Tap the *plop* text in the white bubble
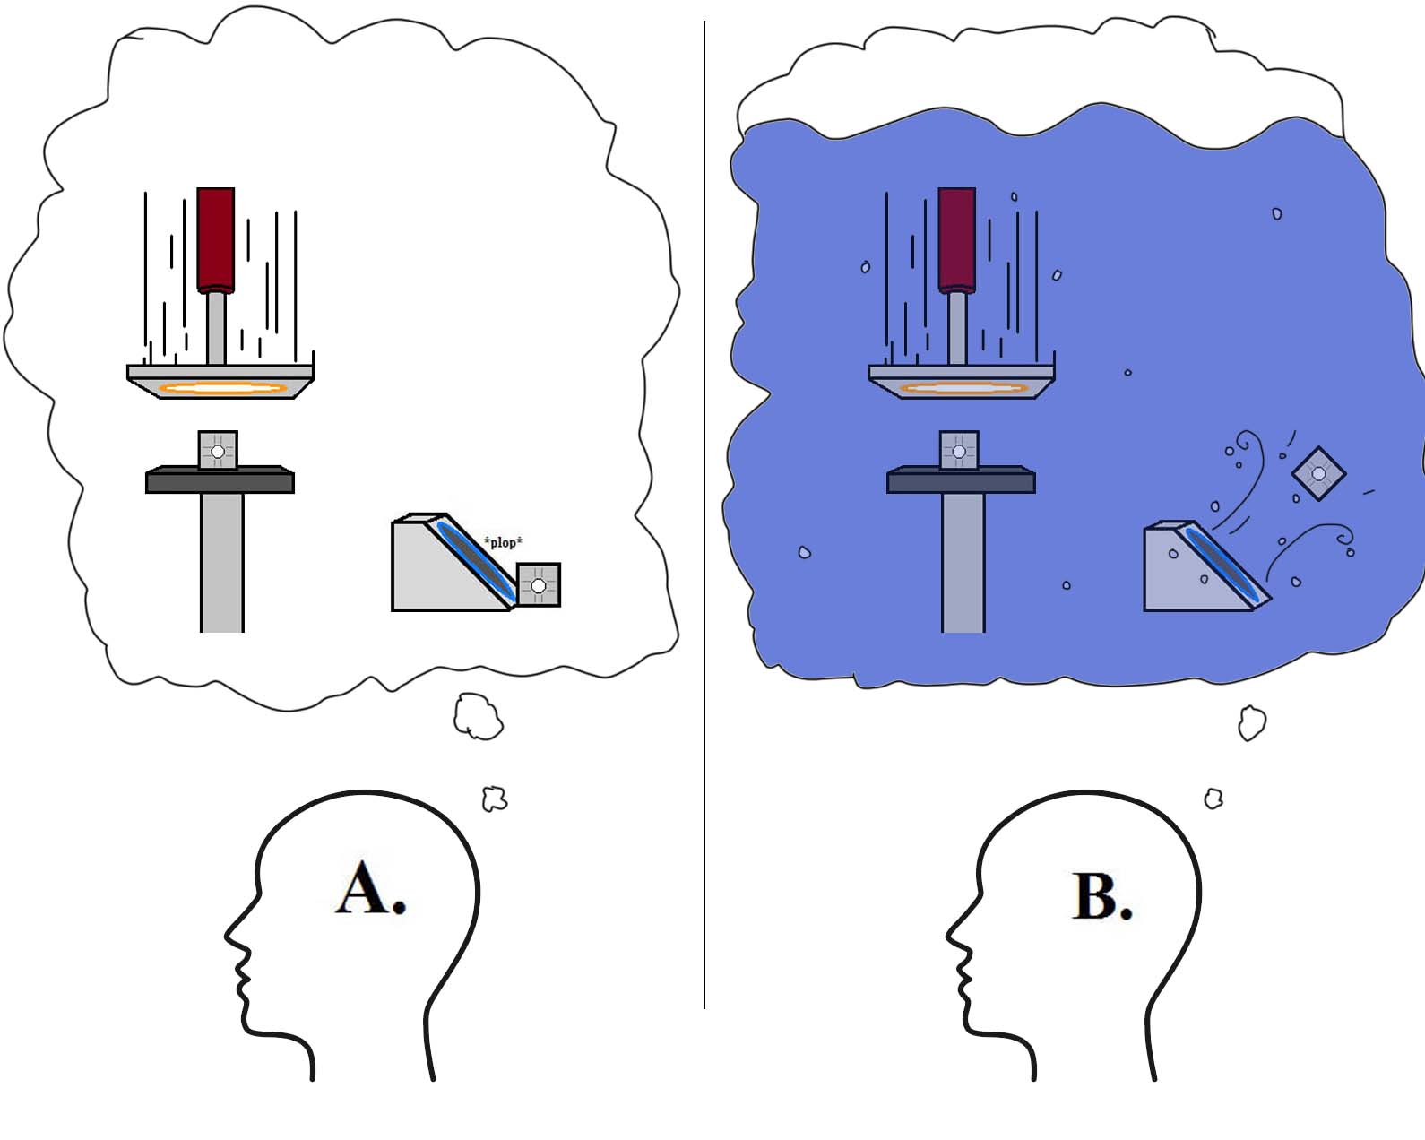pos(503,542)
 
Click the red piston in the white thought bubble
pos(216,238)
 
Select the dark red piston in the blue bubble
pos(956,238)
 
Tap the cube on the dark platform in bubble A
pos(218,450)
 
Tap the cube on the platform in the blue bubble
pos(959,450)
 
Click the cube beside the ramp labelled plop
pos(539,585)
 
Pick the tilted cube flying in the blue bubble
pos(1318,473)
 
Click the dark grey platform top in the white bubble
pos(220,480)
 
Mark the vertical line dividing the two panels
pos(704,538)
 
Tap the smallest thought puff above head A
pos(495,798)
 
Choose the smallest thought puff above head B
pos(1213,798)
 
